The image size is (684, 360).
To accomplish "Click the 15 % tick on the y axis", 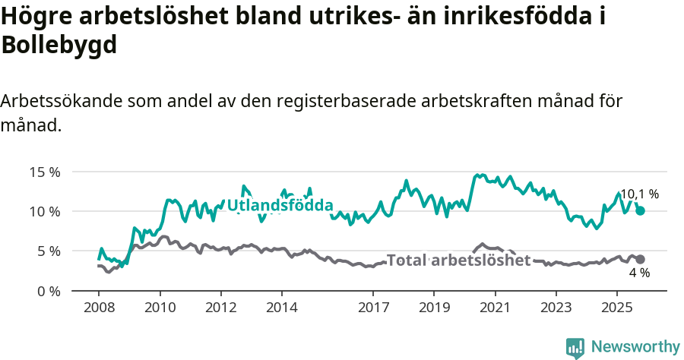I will [45, 172].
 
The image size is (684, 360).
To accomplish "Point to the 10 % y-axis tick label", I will [45, 211].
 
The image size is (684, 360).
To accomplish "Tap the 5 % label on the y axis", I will [48, 251].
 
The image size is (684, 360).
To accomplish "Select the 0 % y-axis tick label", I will [48, 291].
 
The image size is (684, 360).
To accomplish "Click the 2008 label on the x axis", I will [99, 309].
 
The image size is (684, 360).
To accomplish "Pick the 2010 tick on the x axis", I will [160, 309].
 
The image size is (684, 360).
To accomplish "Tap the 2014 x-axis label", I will [281, 309].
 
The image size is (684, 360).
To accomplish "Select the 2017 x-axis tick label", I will [373, 309].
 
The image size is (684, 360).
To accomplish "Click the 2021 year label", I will [495, 309].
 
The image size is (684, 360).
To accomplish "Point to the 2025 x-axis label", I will [616, 309].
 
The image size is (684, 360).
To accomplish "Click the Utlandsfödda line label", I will [280, 205].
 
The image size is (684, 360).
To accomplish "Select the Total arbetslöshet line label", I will [458, 261].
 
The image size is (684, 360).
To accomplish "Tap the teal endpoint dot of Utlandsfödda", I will [641, 210].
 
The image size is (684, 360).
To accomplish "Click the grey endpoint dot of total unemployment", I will [641, 259].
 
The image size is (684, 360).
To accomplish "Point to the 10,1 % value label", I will [639, 194].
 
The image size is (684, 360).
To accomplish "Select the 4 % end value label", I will [639, 273].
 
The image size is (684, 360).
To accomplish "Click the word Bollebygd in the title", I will [59, 45].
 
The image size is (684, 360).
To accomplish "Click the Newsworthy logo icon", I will [575, 348].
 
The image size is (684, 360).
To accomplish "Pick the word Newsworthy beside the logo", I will [635, 347].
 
